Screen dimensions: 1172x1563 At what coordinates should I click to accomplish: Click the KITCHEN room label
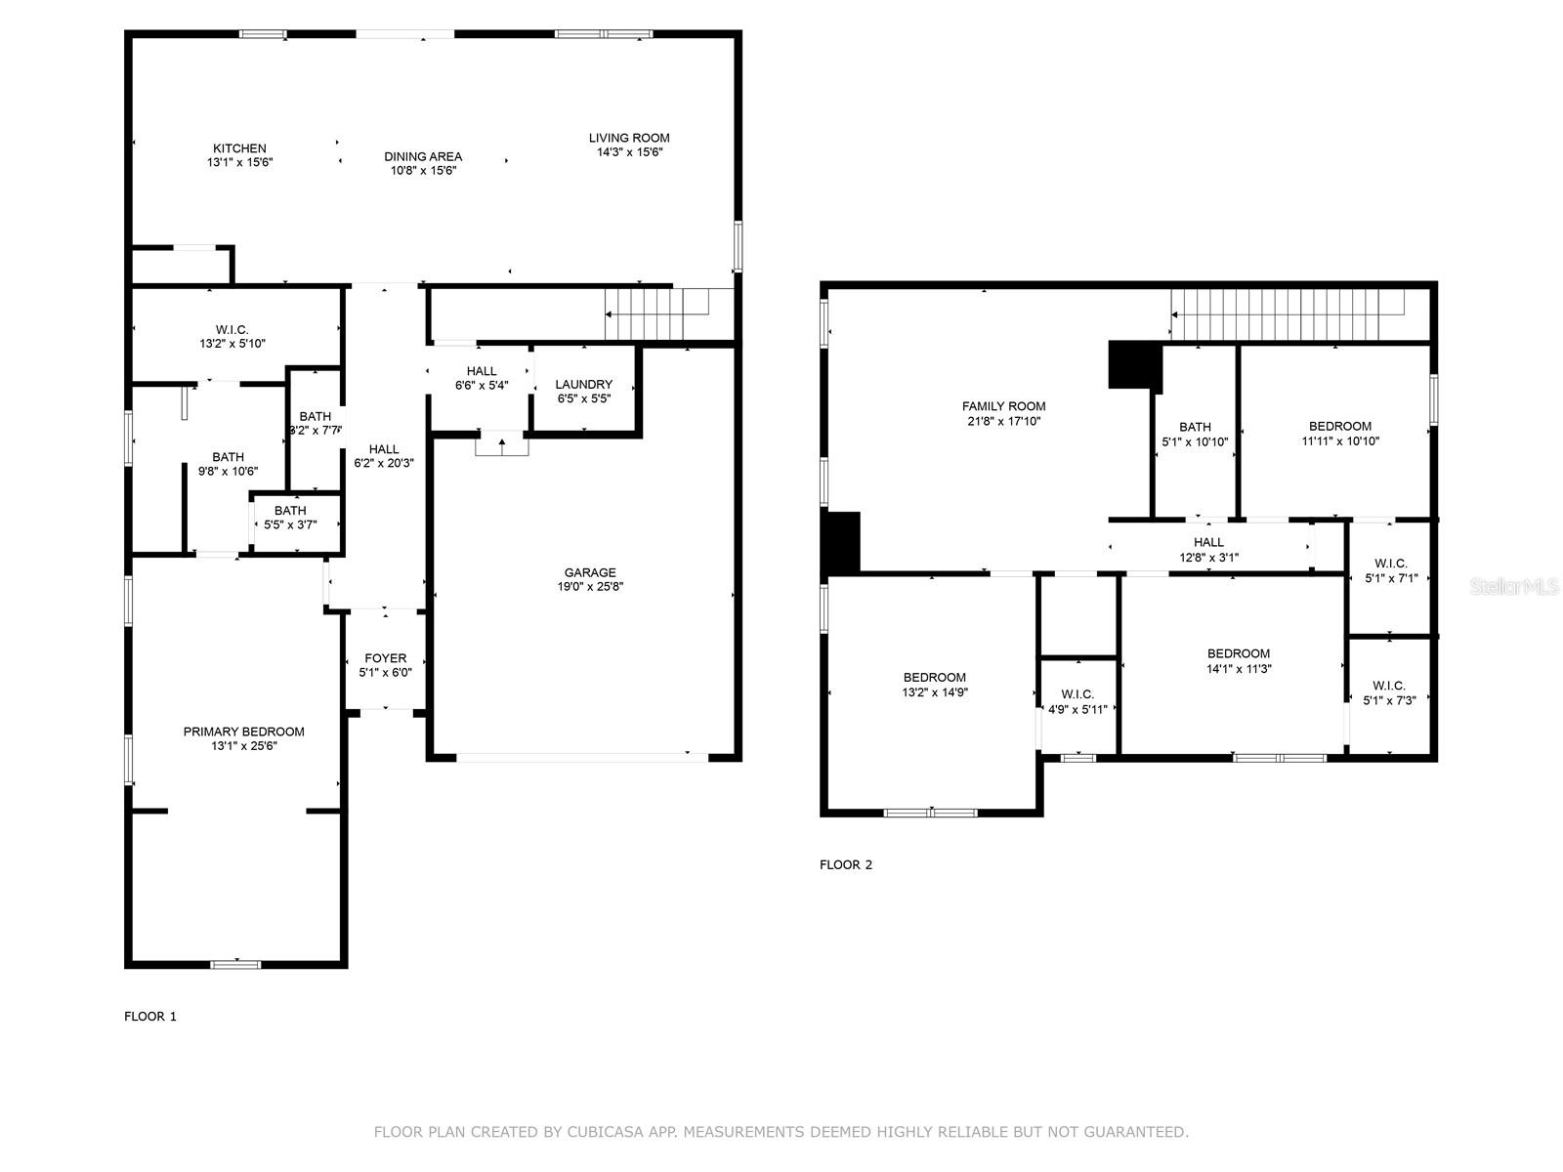click(x=239, y=148)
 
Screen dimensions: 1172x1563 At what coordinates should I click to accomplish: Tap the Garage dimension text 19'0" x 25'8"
click(x=589, y=587)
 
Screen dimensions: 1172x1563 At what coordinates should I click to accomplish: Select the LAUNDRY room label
click(x=583, y=384)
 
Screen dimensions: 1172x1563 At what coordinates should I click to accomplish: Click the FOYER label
click(x=385, y=658)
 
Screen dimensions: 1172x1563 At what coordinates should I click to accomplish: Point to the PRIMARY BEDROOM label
click(x=243, y=732)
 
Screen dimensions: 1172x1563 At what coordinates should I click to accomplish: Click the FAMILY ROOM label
click(x=1003, y=406)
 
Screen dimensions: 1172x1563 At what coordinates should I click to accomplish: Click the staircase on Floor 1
click(x=655, y=314)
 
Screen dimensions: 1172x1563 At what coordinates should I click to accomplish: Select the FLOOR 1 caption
click(x=150, y=1017)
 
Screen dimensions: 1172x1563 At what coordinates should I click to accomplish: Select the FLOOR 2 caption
click(x=845, y=864)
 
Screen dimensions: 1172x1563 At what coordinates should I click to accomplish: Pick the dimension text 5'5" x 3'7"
click(x=290, y=525)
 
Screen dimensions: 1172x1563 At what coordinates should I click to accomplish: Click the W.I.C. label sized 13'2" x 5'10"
click(x=232, y=330)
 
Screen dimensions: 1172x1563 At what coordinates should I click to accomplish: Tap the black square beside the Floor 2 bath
click(x=1134, y=364)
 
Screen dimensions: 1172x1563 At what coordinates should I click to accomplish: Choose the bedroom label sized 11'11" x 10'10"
click(x=1339, y=426)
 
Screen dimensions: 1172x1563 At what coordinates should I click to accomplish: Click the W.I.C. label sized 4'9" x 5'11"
click(x=1077, y=694)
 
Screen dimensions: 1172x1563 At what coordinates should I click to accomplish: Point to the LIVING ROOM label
click(x=629, y=138)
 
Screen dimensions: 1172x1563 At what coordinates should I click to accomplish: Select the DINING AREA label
click(x=423, y=156)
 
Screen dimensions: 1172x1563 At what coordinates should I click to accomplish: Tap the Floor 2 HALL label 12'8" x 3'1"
click(x=1207, y=543)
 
